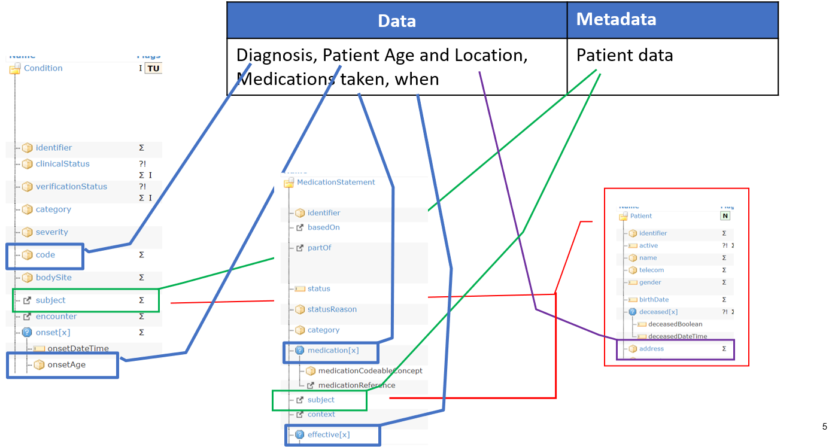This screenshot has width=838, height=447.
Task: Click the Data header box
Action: (x=397, y=20)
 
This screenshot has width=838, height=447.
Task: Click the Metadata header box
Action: (x=672, y=20)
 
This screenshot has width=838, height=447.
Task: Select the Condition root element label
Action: (x=43, y=68)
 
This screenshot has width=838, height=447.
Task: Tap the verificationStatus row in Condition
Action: (x=71, y=187)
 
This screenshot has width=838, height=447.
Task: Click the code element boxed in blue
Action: (x=45, y=255)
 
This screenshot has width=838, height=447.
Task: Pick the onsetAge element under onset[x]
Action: (x=66, y=364)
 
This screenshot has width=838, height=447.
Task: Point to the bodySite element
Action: (x=53, y=278)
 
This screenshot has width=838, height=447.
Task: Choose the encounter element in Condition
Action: (x=56, y=317)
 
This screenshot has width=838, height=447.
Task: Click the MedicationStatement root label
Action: (x=336, y=183)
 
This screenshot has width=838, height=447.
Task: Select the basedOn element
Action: (x=323, y=227)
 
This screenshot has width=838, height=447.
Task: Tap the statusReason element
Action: (x=332, y=309)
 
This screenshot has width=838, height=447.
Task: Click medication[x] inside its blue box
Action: (x=333, y=351)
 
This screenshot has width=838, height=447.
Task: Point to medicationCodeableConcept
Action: (x=370, y=371)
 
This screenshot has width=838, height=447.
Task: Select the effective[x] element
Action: (x=329, y=435)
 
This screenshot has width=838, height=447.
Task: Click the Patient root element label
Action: (x=641, y=216)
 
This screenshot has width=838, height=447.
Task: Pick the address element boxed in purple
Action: (x=651, y=349)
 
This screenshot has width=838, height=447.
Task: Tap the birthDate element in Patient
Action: (x=654, y=300)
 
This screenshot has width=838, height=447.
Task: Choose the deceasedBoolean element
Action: (x=675, y=324)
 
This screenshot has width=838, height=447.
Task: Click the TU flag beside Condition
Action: (x=154, y=68)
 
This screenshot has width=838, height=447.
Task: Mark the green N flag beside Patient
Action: (x=725, y=216)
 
